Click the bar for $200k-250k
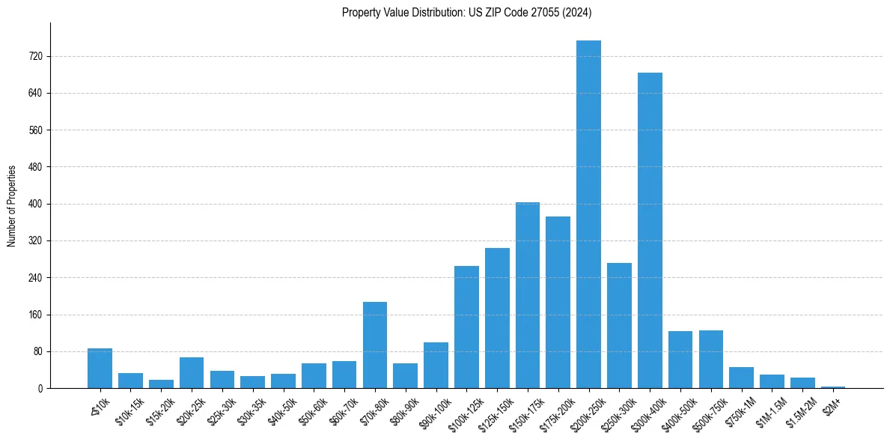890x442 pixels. (588, 214)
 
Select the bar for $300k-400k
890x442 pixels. (650, 230)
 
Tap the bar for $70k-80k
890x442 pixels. (375, 345)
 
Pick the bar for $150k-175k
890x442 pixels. (528, 295)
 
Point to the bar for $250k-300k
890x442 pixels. (619, 325)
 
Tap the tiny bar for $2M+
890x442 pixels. (833, 387)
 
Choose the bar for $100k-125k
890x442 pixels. (466, 327)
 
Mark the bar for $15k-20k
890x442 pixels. (161, 384)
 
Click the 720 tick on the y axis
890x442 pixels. (36, 56)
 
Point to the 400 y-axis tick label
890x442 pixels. (36, 204)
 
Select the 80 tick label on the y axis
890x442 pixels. (38, 351)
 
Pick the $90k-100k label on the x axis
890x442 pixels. (433, 409)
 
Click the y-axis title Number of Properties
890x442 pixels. (11, 205)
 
